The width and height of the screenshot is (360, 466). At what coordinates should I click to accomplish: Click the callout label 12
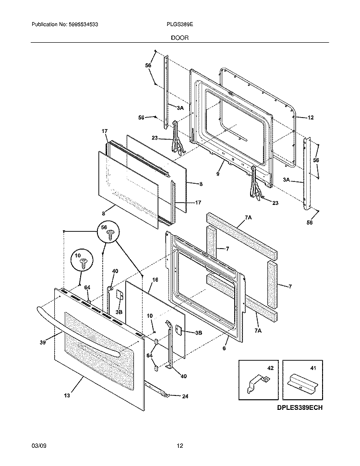[x=310, y=117]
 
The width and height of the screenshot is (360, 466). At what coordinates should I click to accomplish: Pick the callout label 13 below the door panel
[x=67, y=395]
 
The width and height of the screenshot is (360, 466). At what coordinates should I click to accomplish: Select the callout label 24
[x=185, y=396]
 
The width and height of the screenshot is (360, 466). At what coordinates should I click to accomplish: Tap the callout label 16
[x=155, y=279]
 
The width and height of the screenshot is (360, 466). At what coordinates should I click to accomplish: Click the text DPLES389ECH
[x=299, y=408]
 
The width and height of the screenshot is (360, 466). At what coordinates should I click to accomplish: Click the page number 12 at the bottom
[x=180, y=446]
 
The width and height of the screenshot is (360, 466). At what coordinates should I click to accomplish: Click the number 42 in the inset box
[x=270, y=368]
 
